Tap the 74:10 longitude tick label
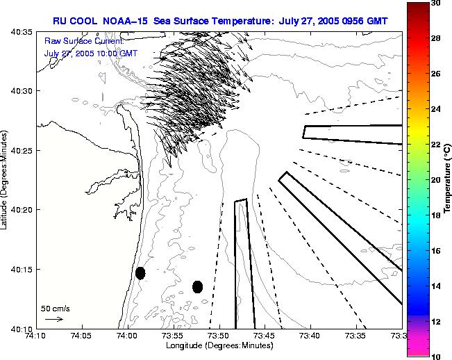[35, 336]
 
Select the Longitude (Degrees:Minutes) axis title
[219, 345]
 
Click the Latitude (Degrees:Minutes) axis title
[6, 179]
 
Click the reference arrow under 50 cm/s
[54, 319]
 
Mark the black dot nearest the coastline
[140, 272]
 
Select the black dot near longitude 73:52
[197, 286]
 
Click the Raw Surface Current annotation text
[83, 42]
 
